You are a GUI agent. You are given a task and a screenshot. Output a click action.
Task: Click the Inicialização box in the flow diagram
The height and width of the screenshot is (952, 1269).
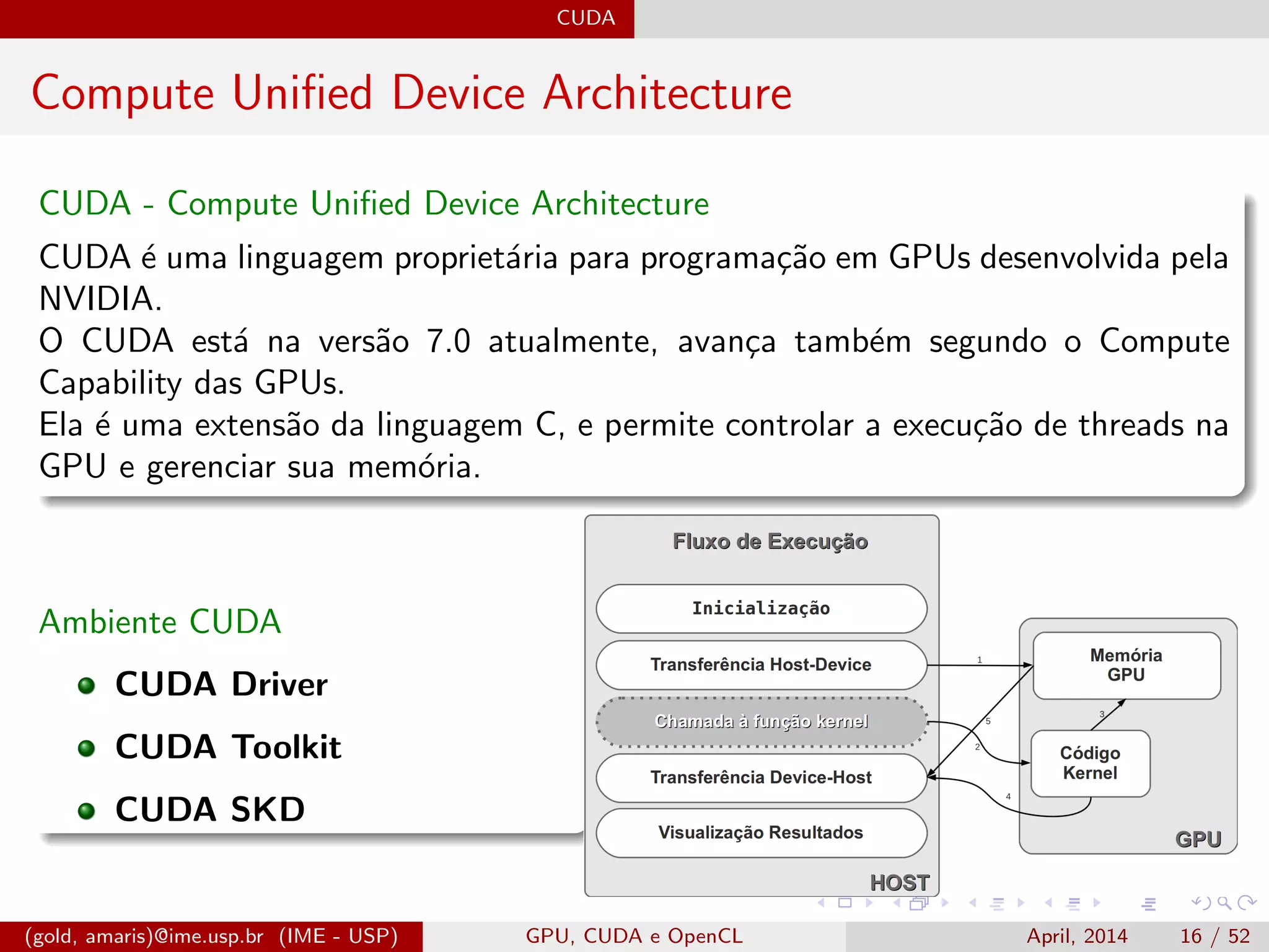click(761, 609)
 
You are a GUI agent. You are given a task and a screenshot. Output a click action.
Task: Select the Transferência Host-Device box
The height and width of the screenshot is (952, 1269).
click(761, 665)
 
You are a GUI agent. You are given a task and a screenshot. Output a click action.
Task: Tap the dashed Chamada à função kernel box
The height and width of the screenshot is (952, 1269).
click(761, 721)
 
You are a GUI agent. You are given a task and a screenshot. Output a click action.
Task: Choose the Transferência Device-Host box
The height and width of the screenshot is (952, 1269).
click(761, 777)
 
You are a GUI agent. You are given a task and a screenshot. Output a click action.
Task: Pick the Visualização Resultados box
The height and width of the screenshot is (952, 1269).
click(761, 832)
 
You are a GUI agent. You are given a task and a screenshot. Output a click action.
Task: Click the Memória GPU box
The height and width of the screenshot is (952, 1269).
click(1126, 665)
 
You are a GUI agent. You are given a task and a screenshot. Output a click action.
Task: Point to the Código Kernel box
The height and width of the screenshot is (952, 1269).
click(1090, 763)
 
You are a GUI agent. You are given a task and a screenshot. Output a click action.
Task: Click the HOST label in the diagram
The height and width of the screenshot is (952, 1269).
click(900, 882)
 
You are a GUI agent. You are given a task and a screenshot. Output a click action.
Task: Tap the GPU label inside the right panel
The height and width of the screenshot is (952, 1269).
click(1198, 839)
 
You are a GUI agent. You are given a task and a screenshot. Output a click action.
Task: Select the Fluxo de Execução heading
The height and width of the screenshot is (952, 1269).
click(770, 541)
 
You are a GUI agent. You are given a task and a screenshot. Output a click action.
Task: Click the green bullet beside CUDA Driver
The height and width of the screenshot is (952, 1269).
click(87, 685)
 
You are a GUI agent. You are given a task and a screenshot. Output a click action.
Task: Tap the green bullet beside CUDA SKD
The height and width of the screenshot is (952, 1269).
click(87, 811)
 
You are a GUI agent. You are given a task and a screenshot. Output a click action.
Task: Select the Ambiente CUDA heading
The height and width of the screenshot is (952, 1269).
click(160, 622)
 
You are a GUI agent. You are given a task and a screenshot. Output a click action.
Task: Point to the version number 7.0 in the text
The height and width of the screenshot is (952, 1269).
click(448, 342)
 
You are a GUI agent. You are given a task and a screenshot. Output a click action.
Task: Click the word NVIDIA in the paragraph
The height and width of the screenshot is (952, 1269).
click(99, 299)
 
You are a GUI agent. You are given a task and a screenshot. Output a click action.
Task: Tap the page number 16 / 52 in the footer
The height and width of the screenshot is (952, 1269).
click(1214, 936)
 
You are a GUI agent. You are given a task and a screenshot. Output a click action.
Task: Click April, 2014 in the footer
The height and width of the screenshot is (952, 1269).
click(1077, 936)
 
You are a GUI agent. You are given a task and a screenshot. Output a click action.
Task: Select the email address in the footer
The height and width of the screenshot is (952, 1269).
click(144, 936)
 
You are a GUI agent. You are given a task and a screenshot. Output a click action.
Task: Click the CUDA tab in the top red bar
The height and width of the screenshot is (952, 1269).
click(586, 18)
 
